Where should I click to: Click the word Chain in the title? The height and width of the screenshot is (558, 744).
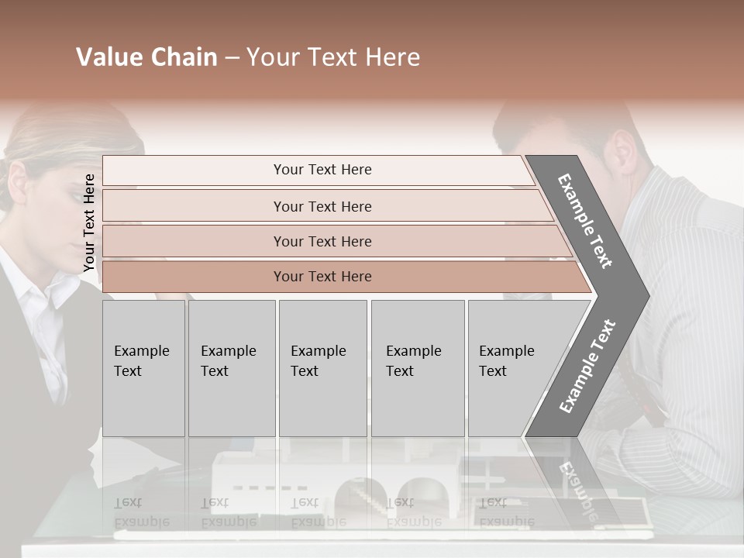pyautogui.click(x=184, y=57)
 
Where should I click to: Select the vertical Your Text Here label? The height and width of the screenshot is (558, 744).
pyautogui.click(x=89, y=222)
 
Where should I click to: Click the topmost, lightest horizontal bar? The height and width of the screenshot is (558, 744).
pyautogui.click(x=322, y=170)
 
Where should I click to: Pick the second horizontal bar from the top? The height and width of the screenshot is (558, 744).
pyautogui.click(x=322, y=206)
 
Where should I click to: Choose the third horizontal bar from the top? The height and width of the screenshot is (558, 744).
pyautogui.click(x=322, y=241)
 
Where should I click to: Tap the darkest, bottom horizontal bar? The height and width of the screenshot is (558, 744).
pyautogui.click(x=322, y=277)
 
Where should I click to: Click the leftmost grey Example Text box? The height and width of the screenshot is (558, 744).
pyautogui.click(x=143, y=367)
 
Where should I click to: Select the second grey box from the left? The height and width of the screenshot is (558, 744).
pyautogui.click(x=231, y=367)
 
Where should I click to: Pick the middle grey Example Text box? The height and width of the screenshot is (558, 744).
pyautogui.click(x=322, y=367)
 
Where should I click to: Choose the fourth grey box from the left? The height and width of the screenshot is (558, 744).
pyautogui.click(x=417, y=367)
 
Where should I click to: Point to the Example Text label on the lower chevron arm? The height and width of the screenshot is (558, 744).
pyautogui.click(x=587, y=366)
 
